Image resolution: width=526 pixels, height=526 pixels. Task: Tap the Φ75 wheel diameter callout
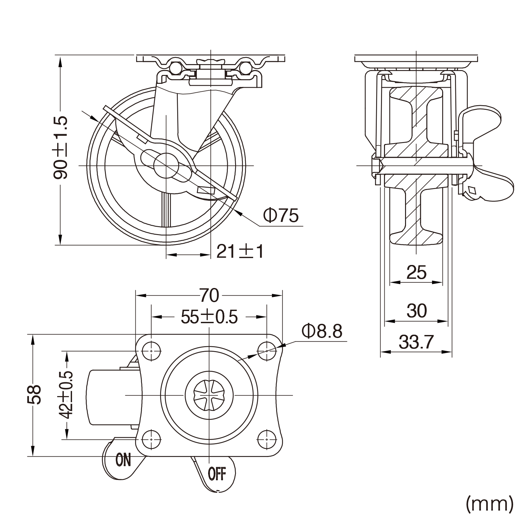281,215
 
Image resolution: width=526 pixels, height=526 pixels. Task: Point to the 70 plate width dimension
209,295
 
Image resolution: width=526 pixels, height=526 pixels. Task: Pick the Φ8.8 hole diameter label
322,332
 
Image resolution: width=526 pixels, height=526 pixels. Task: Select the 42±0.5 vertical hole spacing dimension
67,395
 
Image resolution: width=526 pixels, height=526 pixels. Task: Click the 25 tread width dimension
416,272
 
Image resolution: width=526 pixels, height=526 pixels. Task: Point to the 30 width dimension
417,311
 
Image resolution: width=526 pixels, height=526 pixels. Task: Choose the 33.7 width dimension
416,342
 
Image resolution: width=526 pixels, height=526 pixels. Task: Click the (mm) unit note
489,504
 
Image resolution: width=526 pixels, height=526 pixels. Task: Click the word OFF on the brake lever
217,474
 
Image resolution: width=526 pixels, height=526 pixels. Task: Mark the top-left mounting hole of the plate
151,351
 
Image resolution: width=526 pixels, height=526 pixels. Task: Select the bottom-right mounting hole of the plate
267,439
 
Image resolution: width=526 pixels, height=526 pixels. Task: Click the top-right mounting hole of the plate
267,351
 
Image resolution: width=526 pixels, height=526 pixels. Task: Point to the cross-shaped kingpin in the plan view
209,394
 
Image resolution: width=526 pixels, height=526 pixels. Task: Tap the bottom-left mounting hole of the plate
151,439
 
